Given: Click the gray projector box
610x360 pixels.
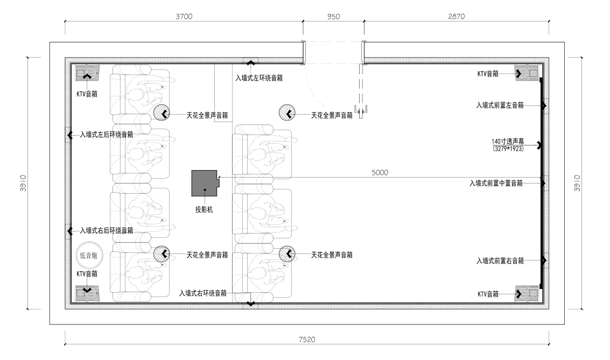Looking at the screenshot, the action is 205,183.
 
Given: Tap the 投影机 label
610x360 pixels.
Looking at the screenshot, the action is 204,209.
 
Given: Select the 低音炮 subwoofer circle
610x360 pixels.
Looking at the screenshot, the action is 89,256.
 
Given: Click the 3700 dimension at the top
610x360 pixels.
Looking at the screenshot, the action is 184,16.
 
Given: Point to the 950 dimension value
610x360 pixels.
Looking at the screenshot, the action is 333,17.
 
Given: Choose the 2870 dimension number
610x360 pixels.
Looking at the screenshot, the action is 457,16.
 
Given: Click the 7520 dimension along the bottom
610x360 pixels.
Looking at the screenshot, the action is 307,340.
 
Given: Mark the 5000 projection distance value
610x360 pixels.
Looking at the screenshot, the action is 380,173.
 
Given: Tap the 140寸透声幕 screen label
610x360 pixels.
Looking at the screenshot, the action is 508,142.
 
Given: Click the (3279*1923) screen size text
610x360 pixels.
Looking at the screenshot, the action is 508,149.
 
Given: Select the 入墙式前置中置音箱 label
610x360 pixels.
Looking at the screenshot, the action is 496,183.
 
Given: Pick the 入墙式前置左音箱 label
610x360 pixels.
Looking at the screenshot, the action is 500,105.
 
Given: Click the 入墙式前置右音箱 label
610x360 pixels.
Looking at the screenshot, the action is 500,260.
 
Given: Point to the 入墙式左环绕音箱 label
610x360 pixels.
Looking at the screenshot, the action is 259,77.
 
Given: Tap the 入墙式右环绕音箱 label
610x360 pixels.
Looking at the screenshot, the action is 202,293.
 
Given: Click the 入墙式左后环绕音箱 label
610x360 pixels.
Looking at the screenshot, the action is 107,135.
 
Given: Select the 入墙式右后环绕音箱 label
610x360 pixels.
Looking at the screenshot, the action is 107,230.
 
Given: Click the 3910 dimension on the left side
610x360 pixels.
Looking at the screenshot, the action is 23,183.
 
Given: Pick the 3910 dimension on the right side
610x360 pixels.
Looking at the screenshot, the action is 577,183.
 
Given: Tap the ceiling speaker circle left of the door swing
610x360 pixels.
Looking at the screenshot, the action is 287,113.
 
